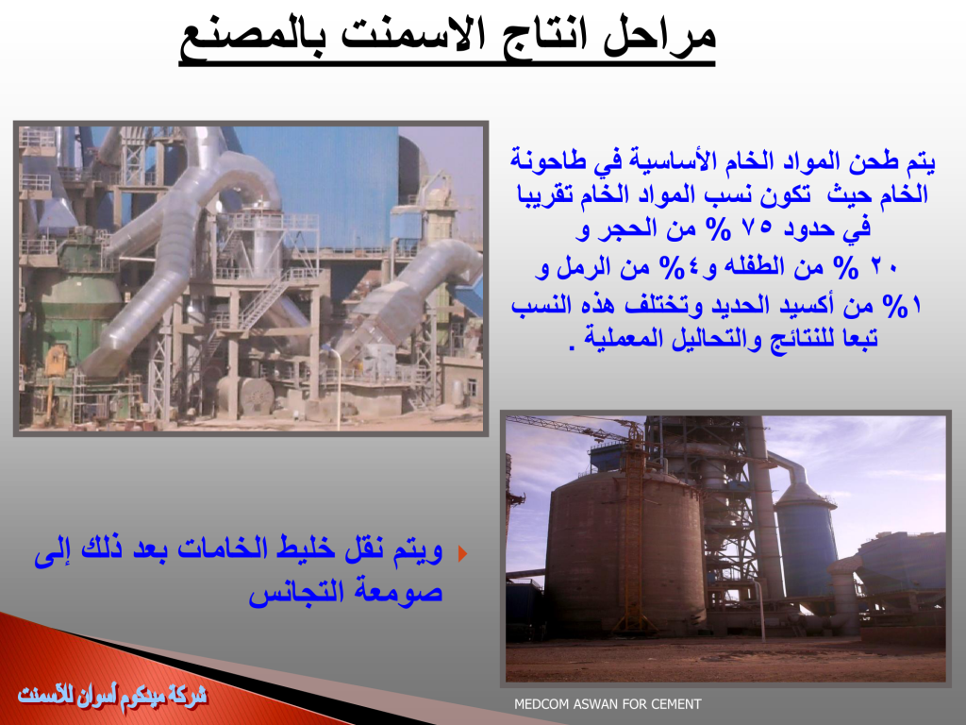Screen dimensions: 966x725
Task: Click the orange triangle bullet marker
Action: [462, 553]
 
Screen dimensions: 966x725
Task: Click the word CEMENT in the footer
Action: [677, 704]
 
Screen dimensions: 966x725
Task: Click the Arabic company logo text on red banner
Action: [112, 696]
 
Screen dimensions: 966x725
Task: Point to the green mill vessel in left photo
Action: [80, 309]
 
